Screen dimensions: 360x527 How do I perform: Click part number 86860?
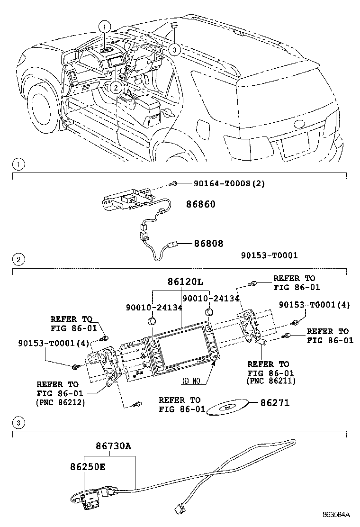(200, 204)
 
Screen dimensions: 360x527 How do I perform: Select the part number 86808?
(208, 243)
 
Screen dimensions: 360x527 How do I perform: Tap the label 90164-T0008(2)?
(229, 183)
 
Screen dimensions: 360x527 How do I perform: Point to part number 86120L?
(185, 282)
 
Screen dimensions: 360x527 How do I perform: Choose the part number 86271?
(275, 403)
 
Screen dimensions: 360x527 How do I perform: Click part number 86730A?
(113, 446)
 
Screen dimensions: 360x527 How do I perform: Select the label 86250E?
(88, 466)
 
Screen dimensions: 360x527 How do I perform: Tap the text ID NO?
(191, 381)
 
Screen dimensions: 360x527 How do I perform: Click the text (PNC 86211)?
(270, 381)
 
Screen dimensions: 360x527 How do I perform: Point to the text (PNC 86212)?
(61, 402)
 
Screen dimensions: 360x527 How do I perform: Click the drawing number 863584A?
(336, 514)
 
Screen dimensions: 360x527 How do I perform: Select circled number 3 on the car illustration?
(174, 50)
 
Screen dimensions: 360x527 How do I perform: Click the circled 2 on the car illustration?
(116, 88)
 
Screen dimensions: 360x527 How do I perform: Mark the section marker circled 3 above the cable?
(18, 422)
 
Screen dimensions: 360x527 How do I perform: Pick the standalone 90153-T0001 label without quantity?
(270, 255)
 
